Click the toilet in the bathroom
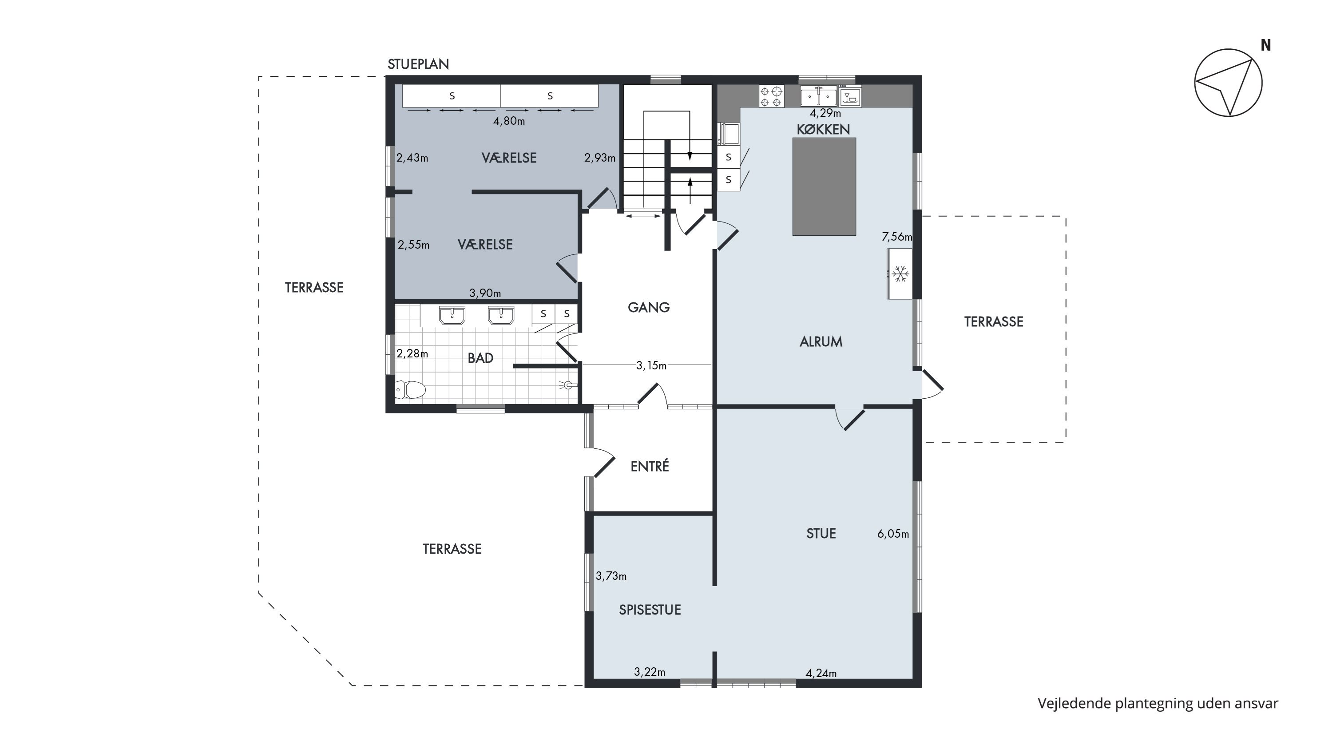pos(410,390)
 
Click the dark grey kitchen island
pos(824,186)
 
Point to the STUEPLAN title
pos(418,64)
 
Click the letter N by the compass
pos(1266,45)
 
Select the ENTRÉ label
pos(650,466)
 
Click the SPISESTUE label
pos(650,610)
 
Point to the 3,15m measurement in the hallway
pos(651,366)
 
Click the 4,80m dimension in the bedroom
pos(509,121)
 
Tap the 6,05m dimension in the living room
pos(893,534)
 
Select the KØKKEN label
pos(823,129)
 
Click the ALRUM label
pos(821,342)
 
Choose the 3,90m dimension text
pos(485,293)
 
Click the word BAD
pos(480,358)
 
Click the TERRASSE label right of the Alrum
pos(994,321)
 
